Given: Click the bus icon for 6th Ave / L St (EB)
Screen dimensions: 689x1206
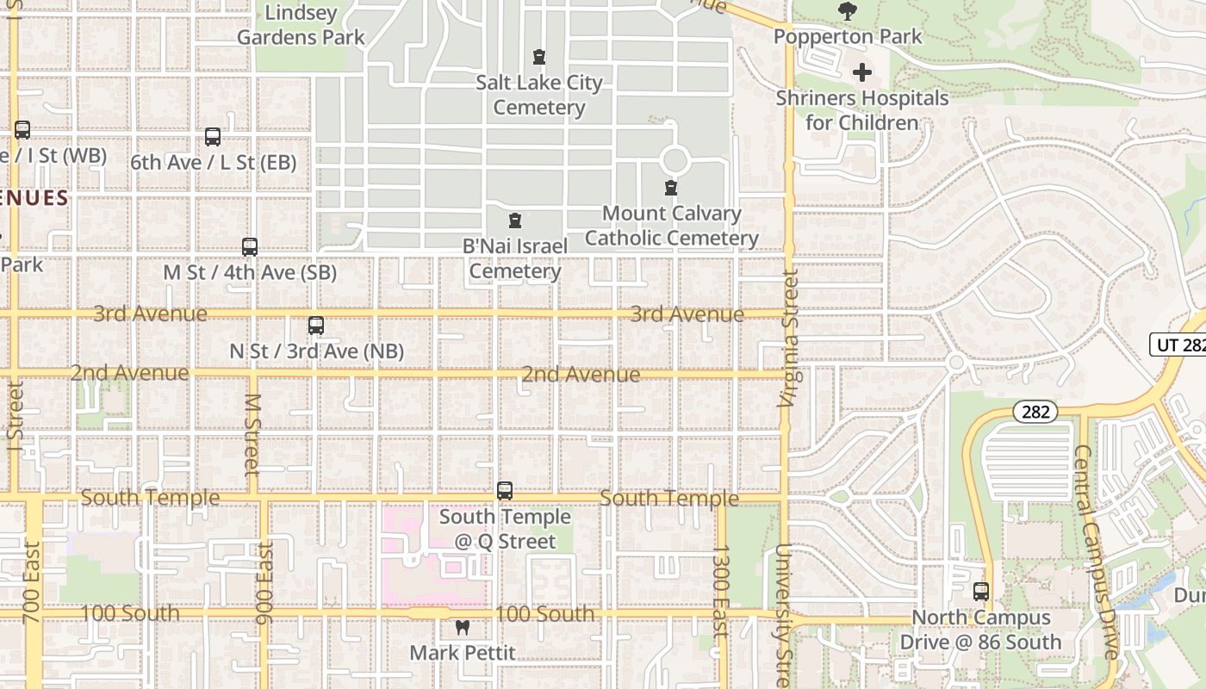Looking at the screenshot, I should coord(213,137).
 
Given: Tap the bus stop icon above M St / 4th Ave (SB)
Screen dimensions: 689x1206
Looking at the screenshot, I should coord(250,247).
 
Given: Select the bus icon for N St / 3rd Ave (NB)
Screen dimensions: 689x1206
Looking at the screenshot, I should coord(316,326).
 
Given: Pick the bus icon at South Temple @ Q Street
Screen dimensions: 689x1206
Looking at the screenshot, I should coord(505,491).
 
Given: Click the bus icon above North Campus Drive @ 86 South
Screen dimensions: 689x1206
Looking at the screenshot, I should coord(981,592).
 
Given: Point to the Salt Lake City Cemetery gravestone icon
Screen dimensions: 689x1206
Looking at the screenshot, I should coord(539,58).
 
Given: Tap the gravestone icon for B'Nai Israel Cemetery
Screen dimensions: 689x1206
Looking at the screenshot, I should coord(515,221).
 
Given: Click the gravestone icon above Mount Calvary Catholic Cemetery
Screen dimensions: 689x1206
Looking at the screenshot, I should coord(671,188).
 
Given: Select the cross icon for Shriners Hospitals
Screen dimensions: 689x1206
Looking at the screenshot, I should coord(861,73).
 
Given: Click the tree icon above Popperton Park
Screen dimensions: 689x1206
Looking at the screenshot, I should coord(848,11).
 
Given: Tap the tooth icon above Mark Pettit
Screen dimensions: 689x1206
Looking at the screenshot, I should coord(462,628).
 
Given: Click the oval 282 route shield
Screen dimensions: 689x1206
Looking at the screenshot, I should coord(1035,412).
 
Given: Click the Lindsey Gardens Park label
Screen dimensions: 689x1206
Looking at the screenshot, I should coord(301,25).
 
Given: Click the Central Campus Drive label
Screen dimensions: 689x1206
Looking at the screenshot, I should coord(1097,551).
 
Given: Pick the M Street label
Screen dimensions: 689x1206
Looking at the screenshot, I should coord(252,435).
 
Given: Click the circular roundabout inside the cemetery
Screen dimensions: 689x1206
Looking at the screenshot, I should coord(674,160).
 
